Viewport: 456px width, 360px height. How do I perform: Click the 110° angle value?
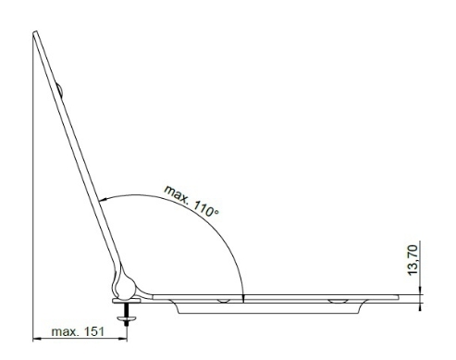point(206,209)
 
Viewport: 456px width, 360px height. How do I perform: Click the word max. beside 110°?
point(177,193)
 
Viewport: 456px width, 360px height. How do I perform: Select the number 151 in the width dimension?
point(94,331)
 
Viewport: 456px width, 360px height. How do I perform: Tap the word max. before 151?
point(66,332)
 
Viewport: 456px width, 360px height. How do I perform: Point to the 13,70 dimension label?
point(413,260)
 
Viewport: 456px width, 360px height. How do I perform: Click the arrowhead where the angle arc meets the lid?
point(103,200)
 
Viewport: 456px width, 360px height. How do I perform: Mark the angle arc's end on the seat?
point(243,298)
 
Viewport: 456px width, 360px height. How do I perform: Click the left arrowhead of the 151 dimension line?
point(37,339)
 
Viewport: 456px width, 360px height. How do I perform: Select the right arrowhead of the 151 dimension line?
point(123,339)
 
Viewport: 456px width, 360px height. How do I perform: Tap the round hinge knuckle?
point(125,288)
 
